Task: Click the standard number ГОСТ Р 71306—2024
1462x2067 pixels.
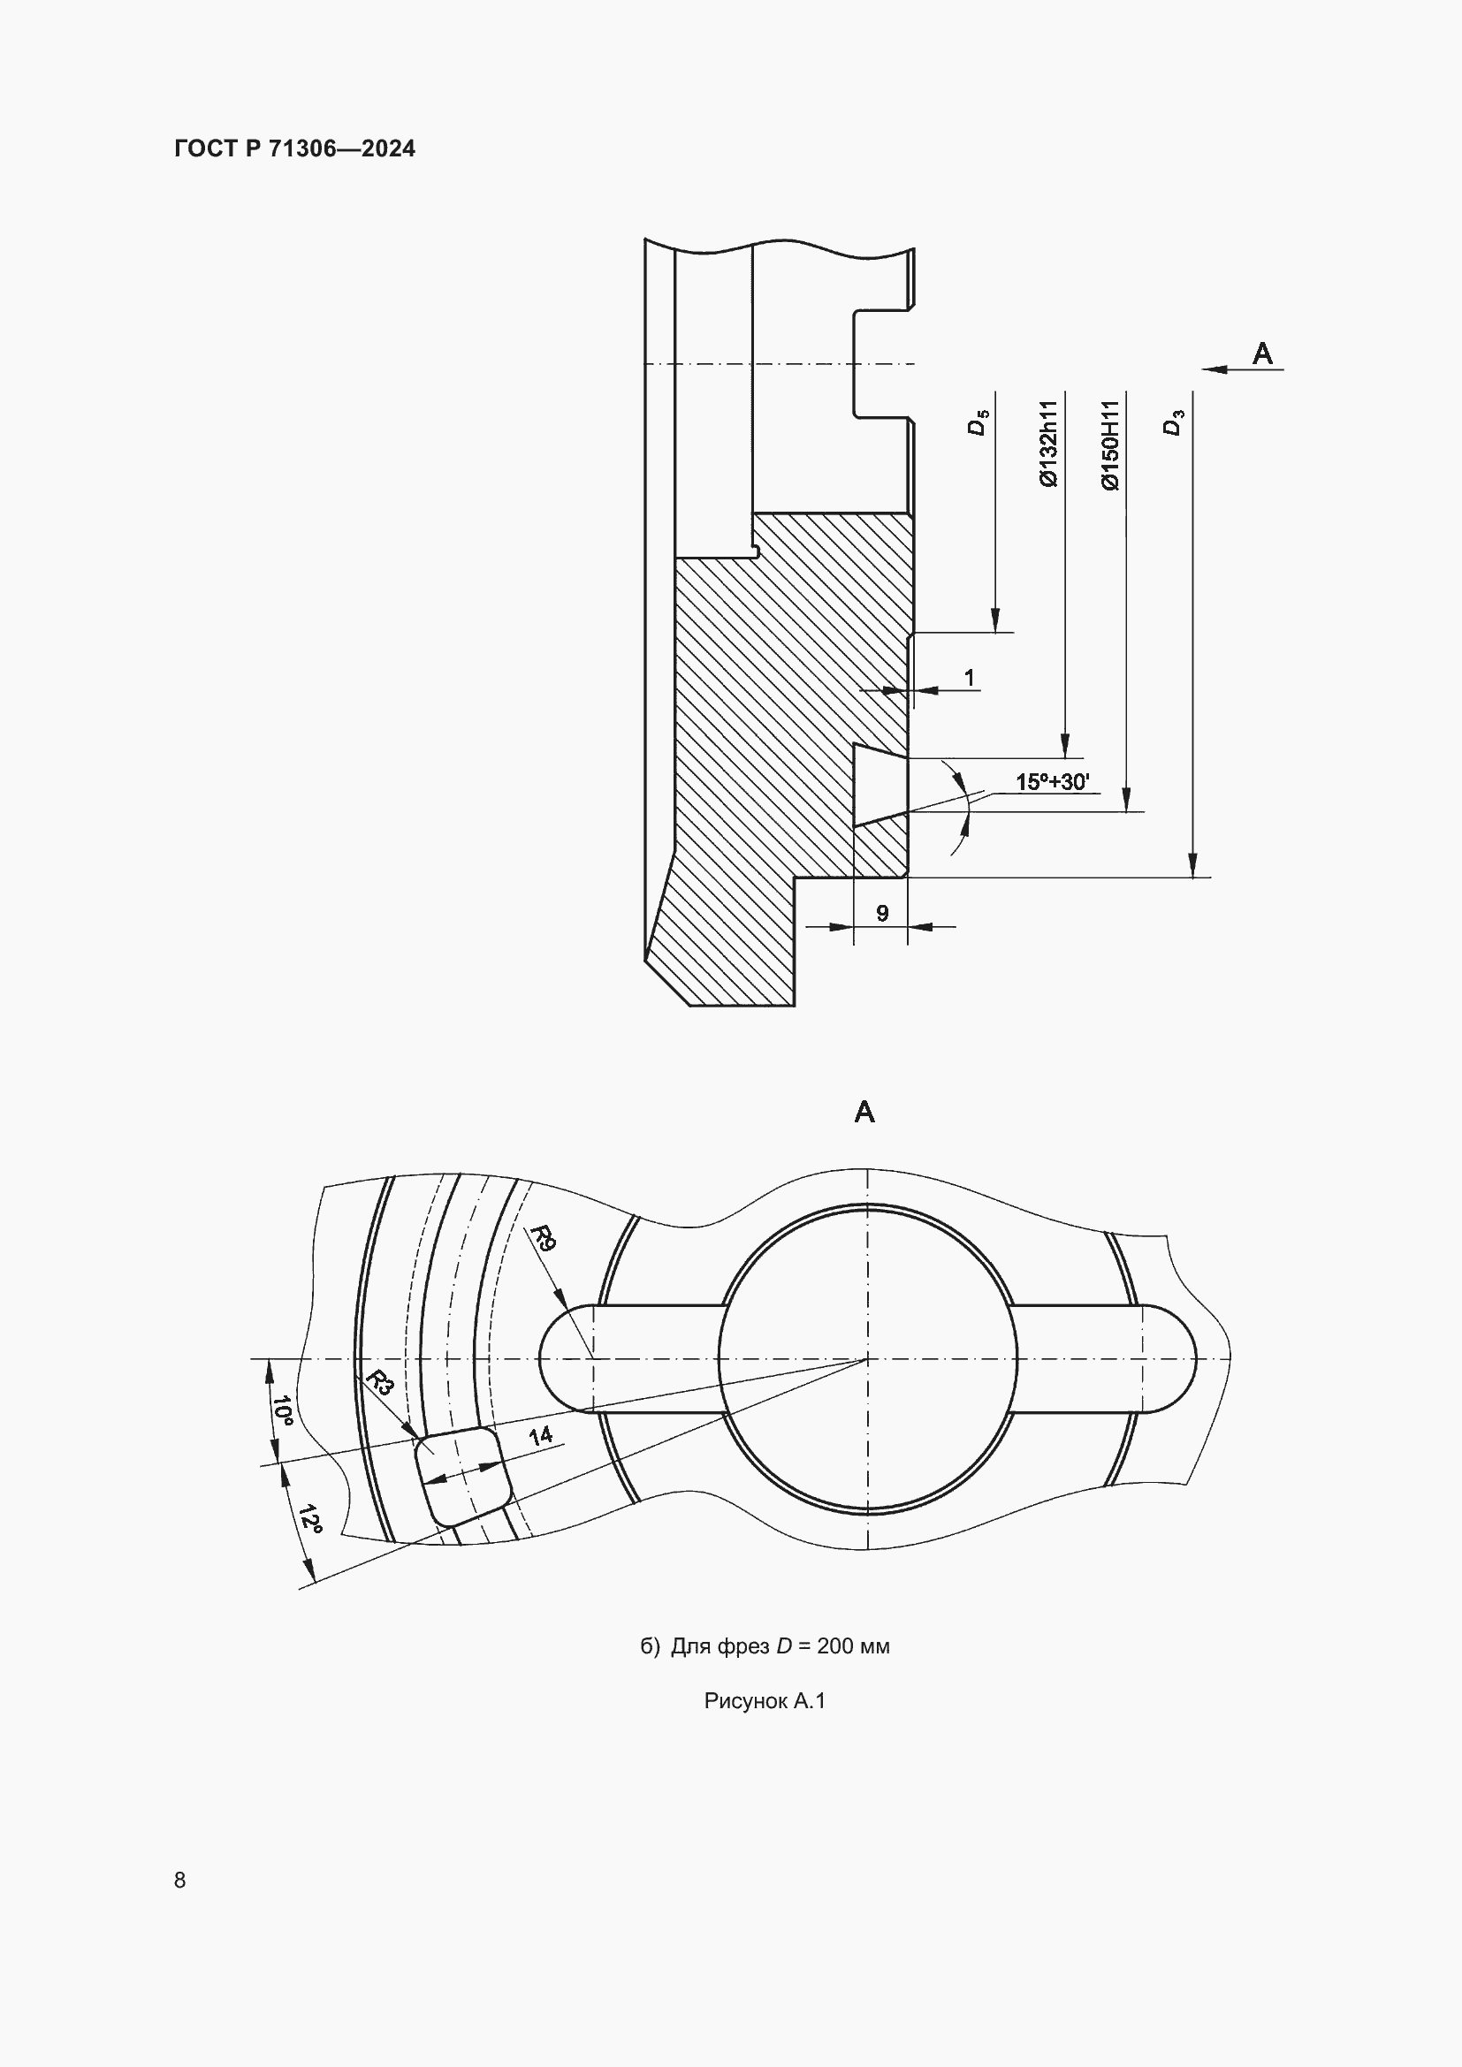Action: pos(294,148)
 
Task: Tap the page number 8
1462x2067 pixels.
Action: pos(180,1880)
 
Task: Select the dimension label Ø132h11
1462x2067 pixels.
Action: pos(1049,444)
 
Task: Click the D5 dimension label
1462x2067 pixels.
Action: pos(978,422)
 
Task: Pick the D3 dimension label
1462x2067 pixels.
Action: pos(1173,422)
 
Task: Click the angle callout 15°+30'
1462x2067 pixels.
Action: pos(1052,781)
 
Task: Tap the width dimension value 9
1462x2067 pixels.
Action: pos(882,913)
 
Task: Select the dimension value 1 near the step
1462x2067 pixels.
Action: pos(969,677)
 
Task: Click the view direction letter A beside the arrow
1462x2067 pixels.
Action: pos(1263,353)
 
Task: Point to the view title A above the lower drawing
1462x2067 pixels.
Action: pos(864,1113)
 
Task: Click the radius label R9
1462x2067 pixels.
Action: pos(544,1238)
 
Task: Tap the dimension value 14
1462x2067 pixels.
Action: pos(540,1436)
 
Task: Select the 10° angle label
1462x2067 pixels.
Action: pos(283,1410)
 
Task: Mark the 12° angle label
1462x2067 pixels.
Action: pos(309,1518)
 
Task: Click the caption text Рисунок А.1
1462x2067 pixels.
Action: pos(765,1700)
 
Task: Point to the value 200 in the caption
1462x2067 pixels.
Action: pos(834,1645)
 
